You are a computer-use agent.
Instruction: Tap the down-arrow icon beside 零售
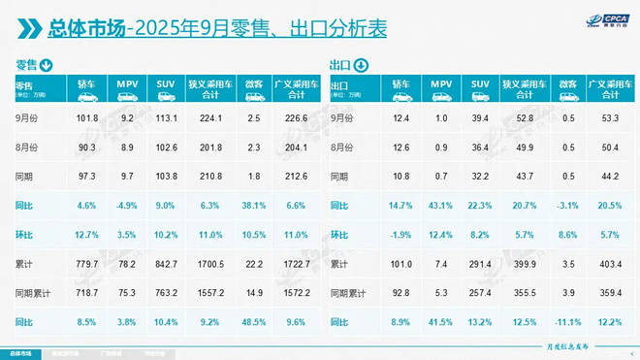pos(46,66)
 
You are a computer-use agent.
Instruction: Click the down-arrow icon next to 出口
pos(362,66)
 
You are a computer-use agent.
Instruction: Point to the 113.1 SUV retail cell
pos(166,118)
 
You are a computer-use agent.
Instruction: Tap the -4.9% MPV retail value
pos(126,206)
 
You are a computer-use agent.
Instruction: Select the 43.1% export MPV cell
pos(440,206)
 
